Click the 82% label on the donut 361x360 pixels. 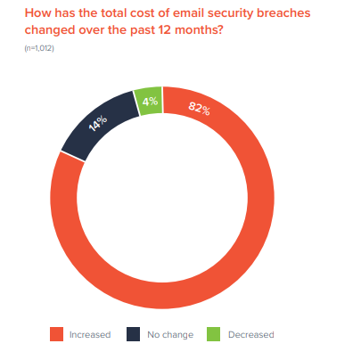coord(199,110)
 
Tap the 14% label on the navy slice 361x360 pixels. coord(98,123)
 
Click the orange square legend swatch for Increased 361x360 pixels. coord(56,334)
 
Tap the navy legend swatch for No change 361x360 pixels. coord(133,334)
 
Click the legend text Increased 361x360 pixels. coord(90,335)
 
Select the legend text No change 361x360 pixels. coord(169,335)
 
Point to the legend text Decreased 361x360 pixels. coord(251,335)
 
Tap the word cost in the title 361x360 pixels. coord(135,12)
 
